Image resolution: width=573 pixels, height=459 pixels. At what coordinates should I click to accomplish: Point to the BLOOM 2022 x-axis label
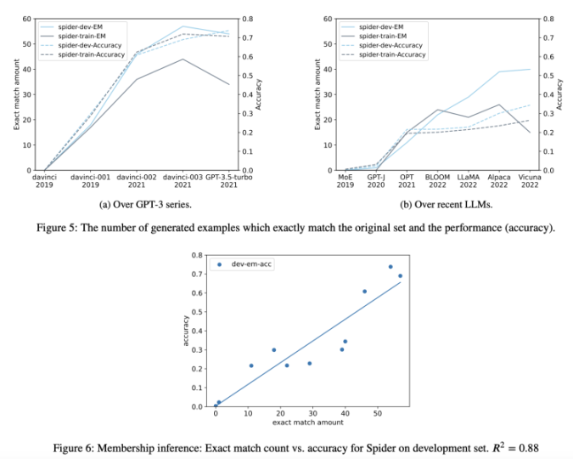click(x=438, y=181)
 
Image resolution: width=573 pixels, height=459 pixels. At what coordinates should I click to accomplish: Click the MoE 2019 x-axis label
click(x=345, y=181)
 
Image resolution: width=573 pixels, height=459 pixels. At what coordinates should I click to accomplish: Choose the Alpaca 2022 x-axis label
click(x=500, y=181)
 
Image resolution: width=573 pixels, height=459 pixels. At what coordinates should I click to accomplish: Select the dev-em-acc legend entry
click(x=243, y=264)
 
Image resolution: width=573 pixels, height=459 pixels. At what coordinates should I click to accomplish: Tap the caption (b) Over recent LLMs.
click(x=438, y=206)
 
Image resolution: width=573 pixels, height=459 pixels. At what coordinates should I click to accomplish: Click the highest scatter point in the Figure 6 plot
click(x=390, y=267)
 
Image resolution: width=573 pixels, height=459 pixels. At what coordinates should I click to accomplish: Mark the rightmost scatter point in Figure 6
click(x=400, y=276)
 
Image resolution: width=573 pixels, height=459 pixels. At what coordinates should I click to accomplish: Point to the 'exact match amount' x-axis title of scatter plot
click(x=307, y=422)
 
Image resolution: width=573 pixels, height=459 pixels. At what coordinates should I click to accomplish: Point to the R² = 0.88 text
click(x=512, y=446)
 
